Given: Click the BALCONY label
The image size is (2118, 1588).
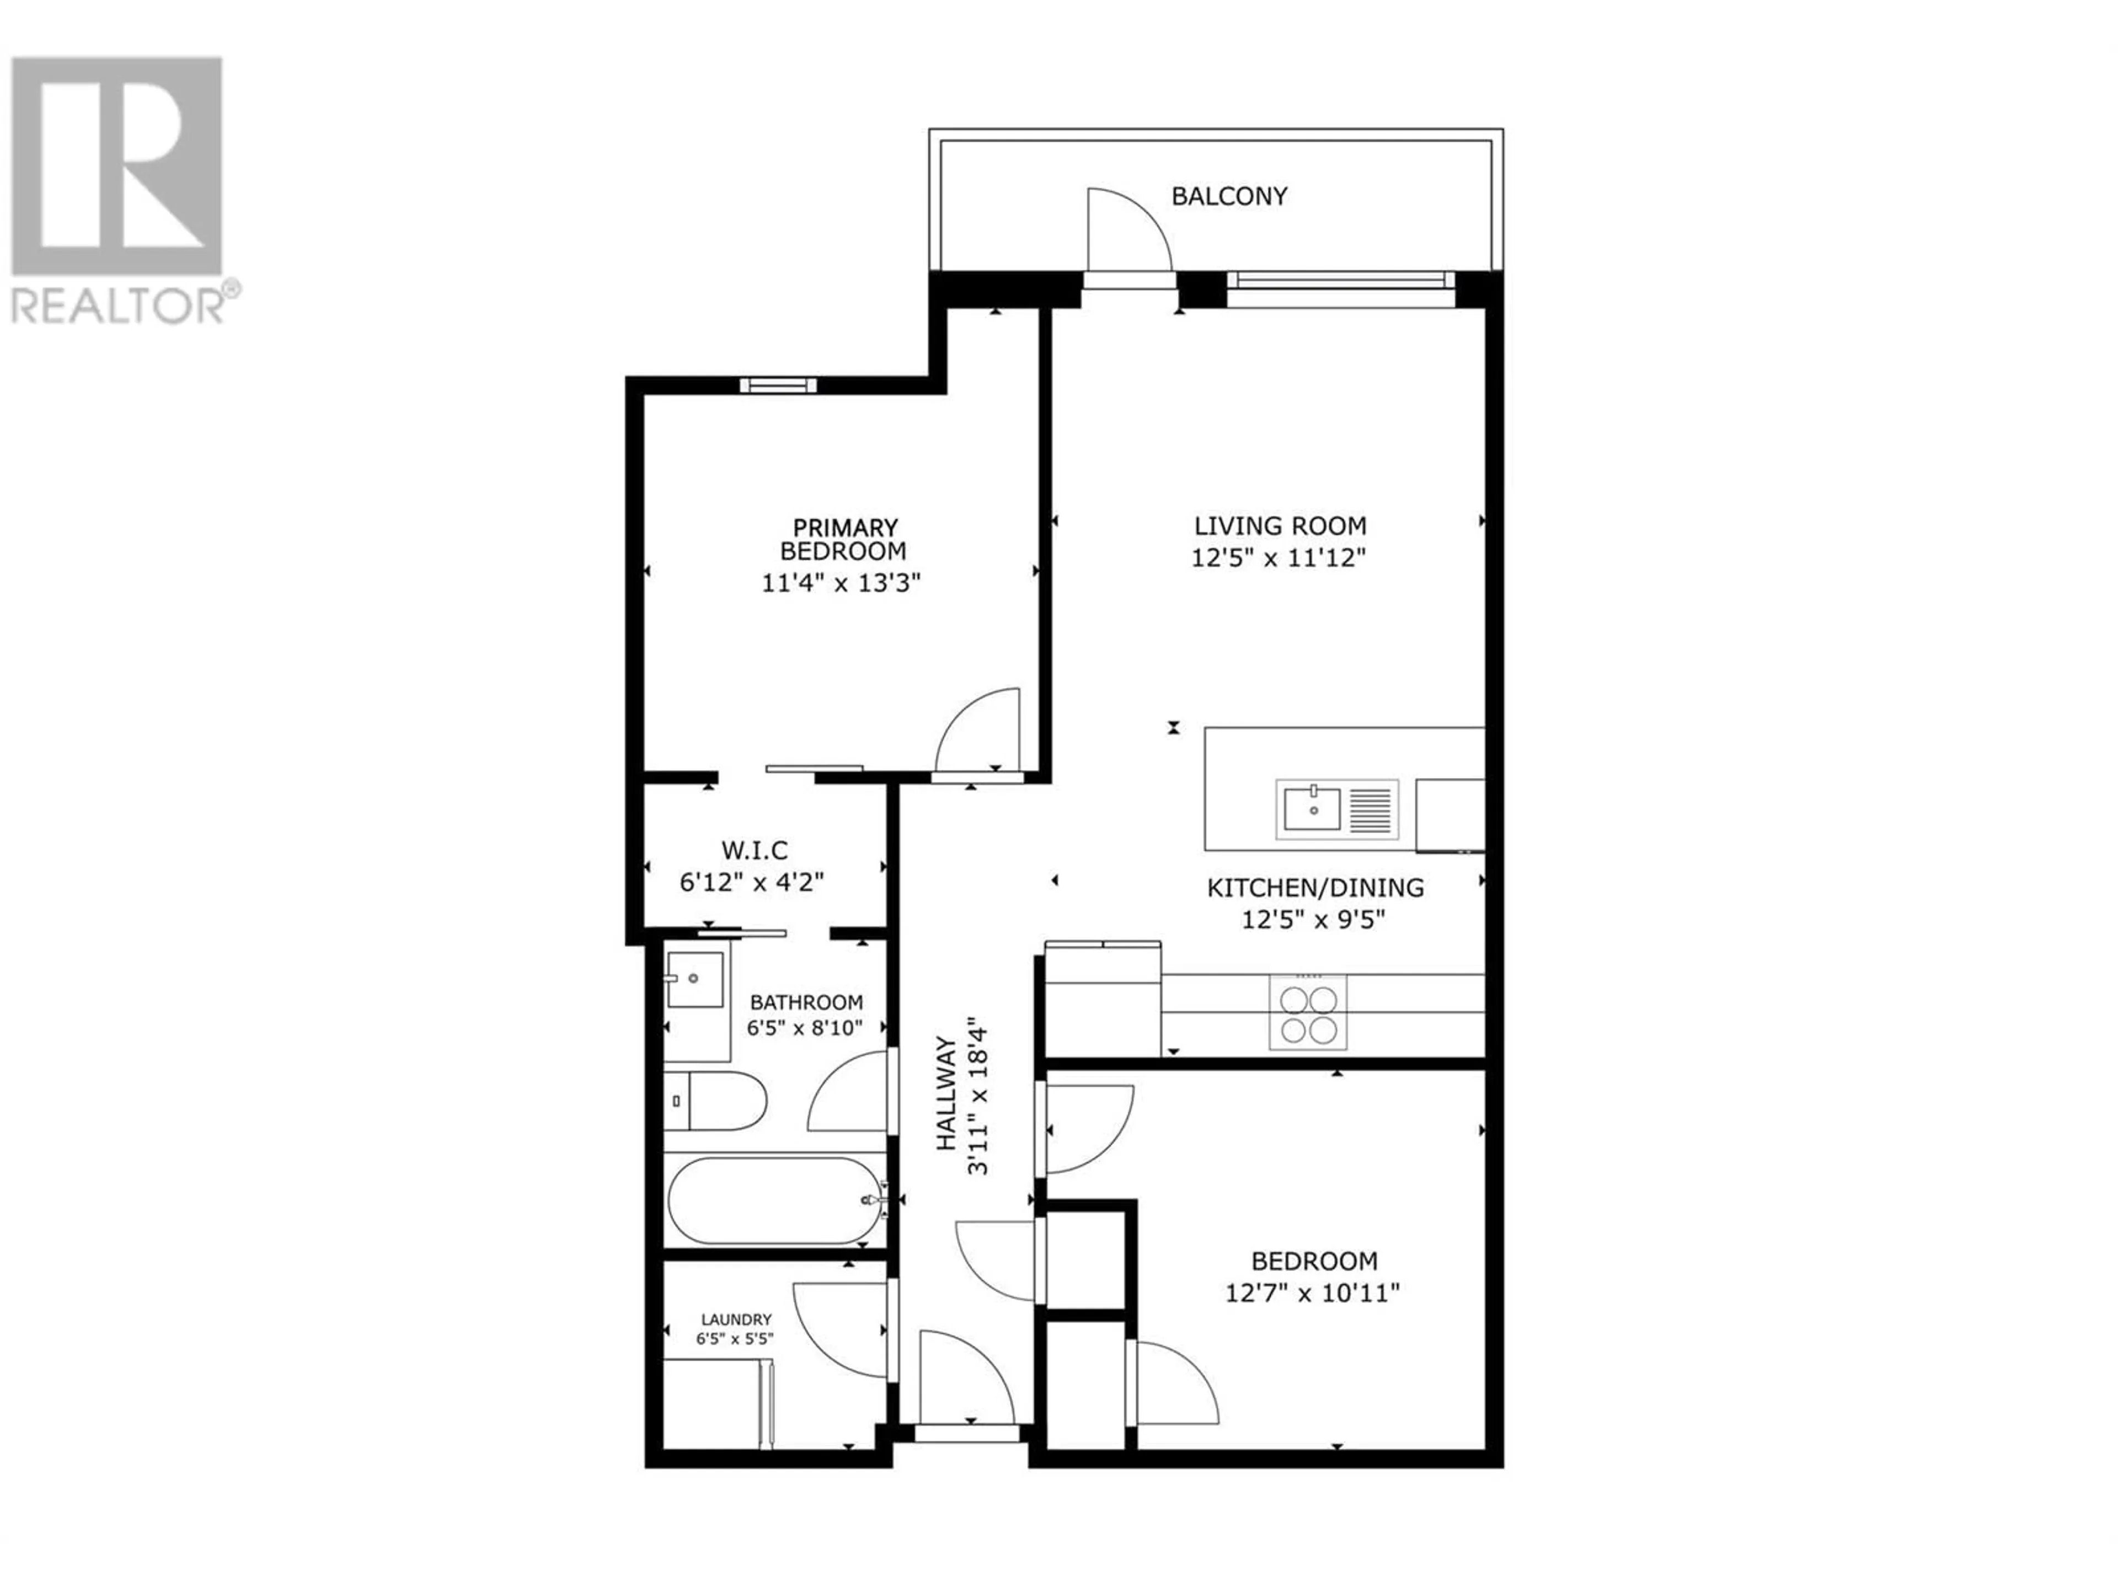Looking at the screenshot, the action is tap(1229, 196).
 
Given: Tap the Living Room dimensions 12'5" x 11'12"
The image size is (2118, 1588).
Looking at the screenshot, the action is tap(1279, 557).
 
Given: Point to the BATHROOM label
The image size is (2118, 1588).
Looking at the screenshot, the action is tap(806, 1002).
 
